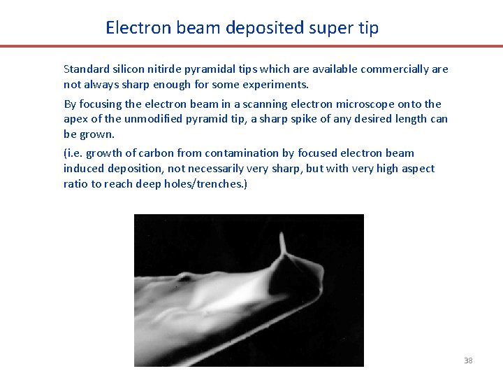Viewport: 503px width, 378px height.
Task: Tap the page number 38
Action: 468,360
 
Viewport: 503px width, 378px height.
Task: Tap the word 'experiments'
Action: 278,85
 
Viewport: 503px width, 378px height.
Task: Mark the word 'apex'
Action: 75,119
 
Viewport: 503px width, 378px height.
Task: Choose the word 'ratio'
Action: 75,183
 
